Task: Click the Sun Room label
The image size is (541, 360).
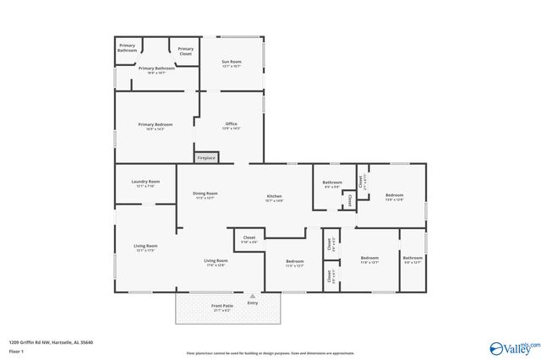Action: coord(231,62)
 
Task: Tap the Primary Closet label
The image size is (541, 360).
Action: coord(185,51)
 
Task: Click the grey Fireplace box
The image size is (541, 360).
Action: coord(206,157)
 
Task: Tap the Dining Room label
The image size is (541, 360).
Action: coord(205,194)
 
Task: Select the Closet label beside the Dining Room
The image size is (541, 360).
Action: coord(249,240)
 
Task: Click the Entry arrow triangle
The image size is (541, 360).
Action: coord(251,297)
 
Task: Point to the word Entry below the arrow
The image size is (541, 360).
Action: coord(252,303)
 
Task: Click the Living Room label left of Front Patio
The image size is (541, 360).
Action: coord(216,261)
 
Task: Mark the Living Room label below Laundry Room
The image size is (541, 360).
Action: coord(145,247)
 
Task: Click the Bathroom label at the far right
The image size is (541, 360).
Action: coord(412,259)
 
